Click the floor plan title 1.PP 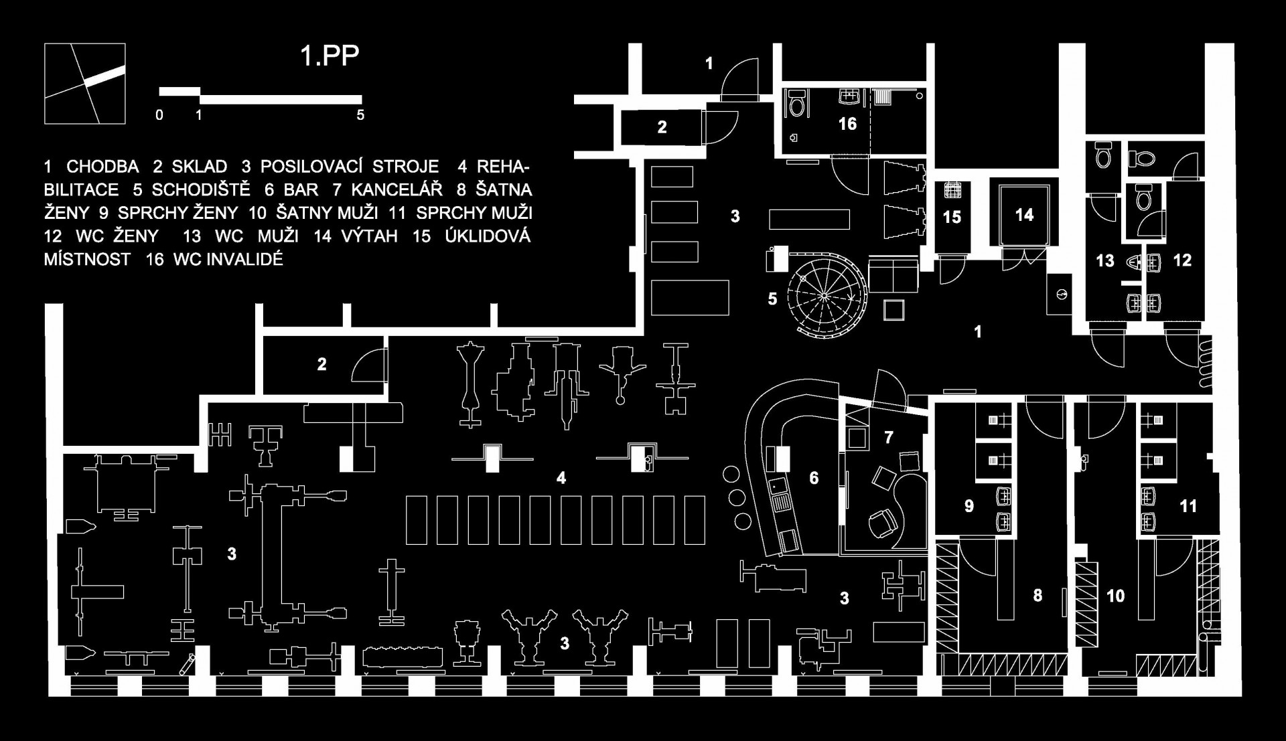pyautogui.click(x=330, y=57)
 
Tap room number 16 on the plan pyautogui.click(x=847, y=124)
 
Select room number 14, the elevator pyautogui.click(x=1024, y=215)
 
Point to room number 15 pyautogui.click(x=952, y=217)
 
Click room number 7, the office pyautogui.click(x=889, y=438)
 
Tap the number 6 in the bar pyautogui.click(x=814, y=478)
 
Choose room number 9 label pyautogui.click(x=969, y=506)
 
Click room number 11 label pyautogui.click(x=1188, y=506)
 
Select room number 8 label pyautogui.click(x=1038, y=595)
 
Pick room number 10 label pyautogui.click(x=1115, y=596)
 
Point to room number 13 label pyautogui.click(x=1105, y=260)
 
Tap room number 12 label pyautogui.click(x=1182, y=260)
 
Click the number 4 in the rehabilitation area pyautogui.click(x=561, y=478)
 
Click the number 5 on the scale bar pyautogui.click(x=360, y=115)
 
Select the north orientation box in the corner pyautogui.click(x=85, y=84)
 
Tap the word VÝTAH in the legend pyautogui.click(x=370, y=236)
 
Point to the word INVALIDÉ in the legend pyautogui.click(x=228, y=259)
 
